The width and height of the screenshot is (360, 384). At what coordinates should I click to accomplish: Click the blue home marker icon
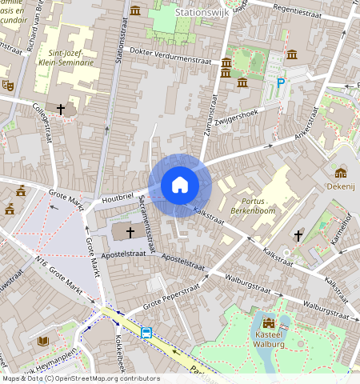pyautogui.click(x=180, y=185)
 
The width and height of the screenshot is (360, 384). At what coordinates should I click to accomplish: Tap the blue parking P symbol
pyautogui.click(x=281, y=82)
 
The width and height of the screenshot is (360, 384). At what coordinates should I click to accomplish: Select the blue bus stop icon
pyautogui.click(x=146, y=333)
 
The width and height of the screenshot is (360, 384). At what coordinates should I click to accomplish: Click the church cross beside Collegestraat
pyautogui.click(x=61, y=108)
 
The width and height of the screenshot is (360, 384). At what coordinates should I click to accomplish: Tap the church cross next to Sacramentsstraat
pyautogui.click(x=129, y=231)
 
